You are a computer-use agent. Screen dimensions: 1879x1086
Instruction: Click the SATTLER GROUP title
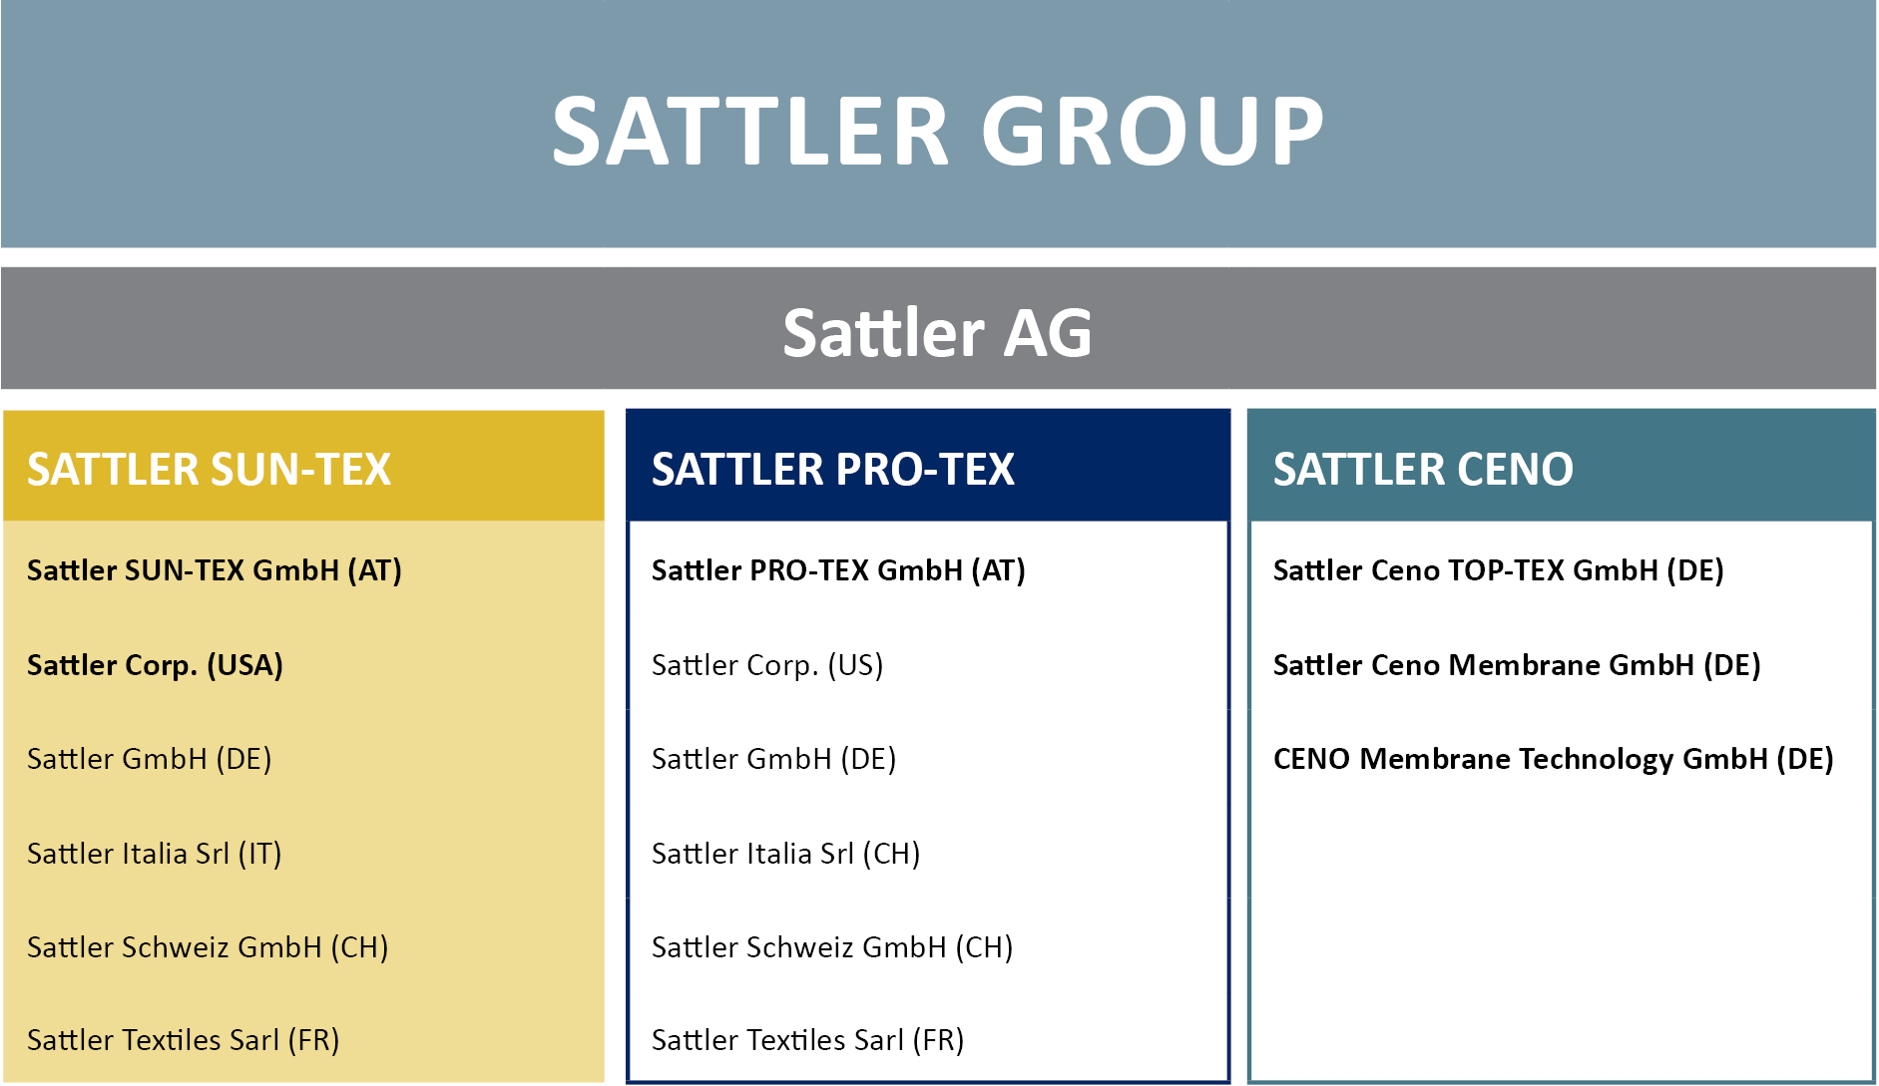coord(938,131)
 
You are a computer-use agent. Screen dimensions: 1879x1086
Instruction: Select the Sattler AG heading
coord(938,332)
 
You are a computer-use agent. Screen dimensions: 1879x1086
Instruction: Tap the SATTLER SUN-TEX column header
coord(209,470)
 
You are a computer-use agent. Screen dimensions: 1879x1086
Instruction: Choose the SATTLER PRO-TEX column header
coord(833,470)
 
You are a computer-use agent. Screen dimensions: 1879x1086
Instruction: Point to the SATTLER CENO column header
coord(1423,470)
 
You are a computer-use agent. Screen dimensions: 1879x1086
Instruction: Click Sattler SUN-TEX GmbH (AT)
coord(215,570)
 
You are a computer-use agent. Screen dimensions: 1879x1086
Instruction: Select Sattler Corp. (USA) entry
coord(155,665)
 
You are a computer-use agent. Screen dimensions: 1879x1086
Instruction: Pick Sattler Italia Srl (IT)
coord(155,854)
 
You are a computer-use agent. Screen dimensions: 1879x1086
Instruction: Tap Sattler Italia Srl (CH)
coord(786,854)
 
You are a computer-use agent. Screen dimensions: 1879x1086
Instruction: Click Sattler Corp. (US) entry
coord(767,665)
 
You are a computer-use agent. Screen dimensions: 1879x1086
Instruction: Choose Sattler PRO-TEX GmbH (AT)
coord(838,570)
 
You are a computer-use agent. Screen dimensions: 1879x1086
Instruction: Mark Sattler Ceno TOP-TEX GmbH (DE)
coord(1499,570)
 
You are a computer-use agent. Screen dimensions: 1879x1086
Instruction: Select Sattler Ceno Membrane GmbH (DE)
coord(1517,665)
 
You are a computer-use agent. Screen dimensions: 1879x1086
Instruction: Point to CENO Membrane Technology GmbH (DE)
coord(1554,759)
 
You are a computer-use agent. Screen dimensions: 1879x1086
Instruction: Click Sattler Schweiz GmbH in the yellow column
coord(208,947)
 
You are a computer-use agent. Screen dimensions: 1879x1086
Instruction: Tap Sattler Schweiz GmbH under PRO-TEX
coord(832,947)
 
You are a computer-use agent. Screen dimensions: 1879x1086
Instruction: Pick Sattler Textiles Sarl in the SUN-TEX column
coord(184,1040)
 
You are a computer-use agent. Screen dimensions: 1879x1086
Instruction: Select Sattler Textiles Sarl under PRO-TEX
coord(808,1040)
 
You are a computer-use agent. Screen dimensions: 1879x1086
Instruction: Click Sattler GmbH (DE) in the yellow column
coord(150,759)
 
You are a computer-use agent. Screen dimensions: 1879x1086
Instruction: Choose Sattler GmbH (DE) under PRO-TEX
coord(774,759)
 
